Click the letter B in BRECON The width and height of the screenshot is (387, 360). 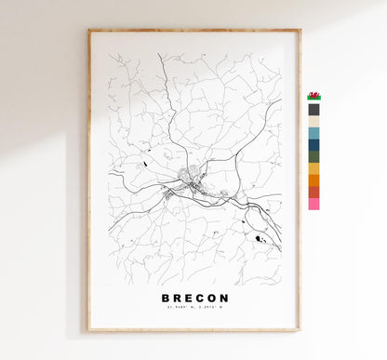[165, 299]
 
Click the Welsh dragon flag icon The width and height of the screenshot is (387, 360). [314, 96]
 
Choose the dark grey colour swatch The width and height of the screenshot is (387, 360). [314, 109]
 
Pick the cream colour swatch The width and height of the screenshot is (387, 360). [314, 121]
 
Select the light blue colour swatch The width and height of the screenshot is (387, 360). [314, 133]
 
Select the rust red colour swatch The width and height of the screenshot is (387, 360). [314, 192]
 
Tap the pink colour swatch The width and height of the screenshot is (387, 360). [314, 203]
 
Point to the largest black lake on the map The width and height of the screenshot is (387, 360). [258, 239]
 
